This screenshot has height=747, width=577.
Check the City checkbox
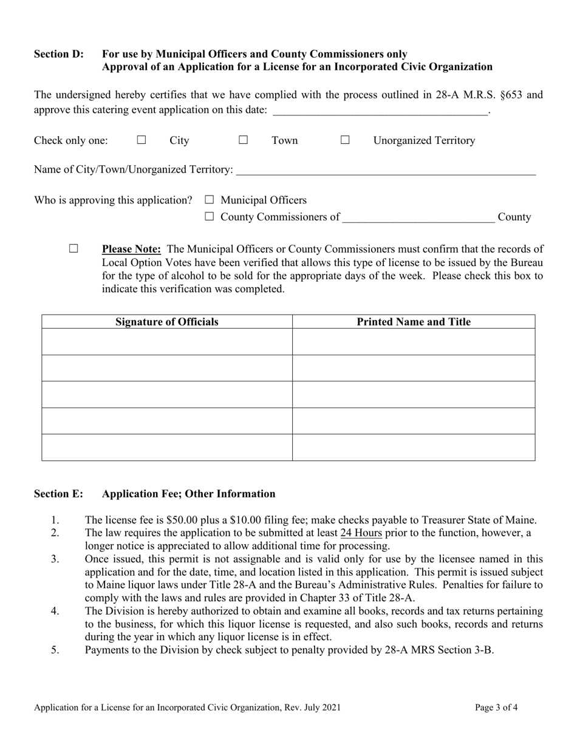click(x=142, y=140)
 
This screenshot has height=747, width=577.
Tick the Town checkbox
click(x=243, y=140)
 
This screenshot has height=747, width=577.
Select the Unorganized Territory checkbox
click(x=345, y=140)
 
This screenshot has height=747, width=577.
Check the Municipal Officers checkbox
click(x=210, y=200)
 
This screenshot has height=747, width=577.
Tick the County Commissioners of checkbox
click(x=210, y=217)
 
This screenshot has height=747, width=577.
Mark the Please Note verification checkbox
click(x=73, y=248)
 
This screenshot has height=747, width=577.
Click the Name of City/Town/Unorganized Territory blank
click(x=386, y=171)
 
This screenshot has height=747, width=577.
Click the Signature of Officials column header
click(x=167, y=322)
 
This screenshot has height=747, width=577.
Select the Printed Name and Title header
click(x=414, y=322)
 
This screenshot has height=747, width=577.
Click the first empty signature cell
click(x=167, y=341)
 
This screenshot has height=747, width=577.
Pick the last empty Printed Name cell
click(x=414, y=448)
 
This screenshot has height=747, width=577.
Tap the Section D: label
click(x=59, y=54)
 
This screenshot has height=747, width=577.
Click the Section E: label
click(x=58, y=494)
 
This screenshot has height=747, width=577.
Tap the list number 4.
click(x=55, y=611)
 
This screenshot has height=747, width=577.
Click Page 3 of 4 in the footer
click(x=496, y=707)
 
